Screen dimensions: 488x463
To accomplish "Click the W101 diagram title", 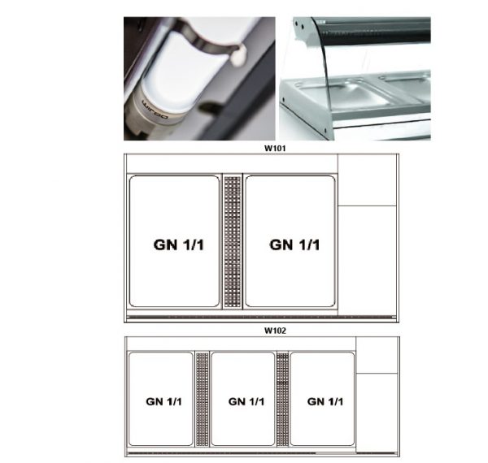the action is [x=275, y=148].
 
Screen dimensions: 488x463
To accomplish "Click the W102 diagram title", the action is [x=275, y=331].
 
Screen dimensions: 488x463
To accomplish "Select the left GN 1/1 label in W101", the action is [x=179, y=244].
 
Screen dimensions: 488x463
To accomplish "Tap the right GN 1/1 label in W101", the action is [x=294, y=244].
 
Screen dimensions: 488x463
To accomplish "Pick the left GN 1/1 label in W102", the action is [x=163, y=401].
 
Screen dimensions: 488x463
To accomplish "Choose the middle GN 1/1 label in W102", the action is [x=246, y=401].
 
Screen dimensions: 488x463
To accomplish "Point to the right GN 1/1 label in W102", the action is [x=325, y=401].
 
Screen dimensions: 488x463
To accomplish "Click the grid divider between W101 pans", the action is [x=233, y=241].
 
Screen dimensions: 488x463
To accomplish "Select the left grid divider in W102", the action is [x=203, y=399].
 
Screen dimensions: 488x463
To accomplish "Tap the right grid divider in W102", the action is [x=282, y=399].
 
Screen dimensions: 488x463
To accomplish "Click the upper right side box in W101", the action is [x=367, y=180].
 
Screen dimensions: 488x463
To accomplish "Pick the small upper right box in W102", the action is [x=377, y=355].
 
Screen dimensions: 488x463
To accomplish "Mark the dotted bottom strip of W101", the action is [x=261, y=318].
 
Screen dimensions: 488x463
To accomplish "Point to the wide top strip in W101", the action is [x=231, y=163].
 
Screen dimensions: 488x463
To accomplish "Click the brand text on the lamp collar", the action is [x=155, y=110].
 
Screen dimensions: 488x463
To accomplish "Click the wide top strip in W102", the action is [x=241, y=344].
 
